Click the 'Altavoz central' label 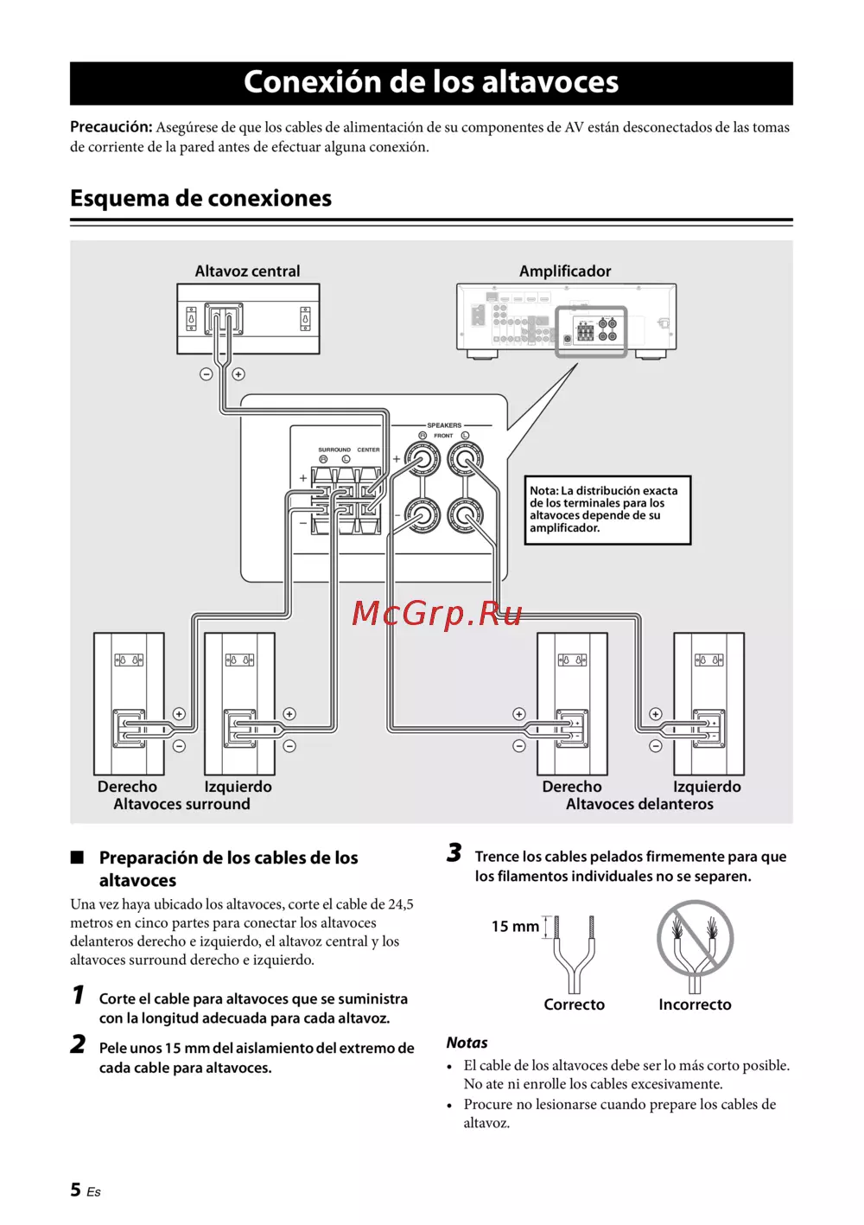(x=247, y=271)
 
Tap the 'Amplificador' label (x=565, y=271)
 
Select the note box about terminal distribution (x=607, y=509)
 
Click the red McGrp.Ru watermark (x=437, y=613)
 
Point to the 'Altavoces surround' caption (x=181, y=804)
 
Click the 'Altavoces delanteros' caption (x=639, y=804)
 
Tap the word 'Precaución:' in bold (x=111, y=127)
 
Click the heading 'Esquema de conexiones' (x=200, y=198)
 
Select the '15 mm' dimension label (x=515, y=926)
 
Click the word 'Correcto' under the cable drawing (x=574, y=1005)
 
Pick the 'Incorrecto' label (x=695, y=1005)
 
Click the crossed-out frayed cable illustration (x=695, y=942)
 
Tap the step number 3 (x=454, y=853)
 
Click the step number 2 (x=78, y=1044)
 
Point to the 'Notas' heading (x=467, y=1043)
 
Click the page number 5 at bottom (x=76, y=1190)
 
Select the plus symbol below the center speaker (x=238, y=374)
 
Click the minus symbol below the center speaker (x=206, y=374)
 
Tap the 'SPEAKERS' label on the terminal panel (x=444, y=425)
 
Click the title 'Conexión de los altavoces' (x=431, y=82)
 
